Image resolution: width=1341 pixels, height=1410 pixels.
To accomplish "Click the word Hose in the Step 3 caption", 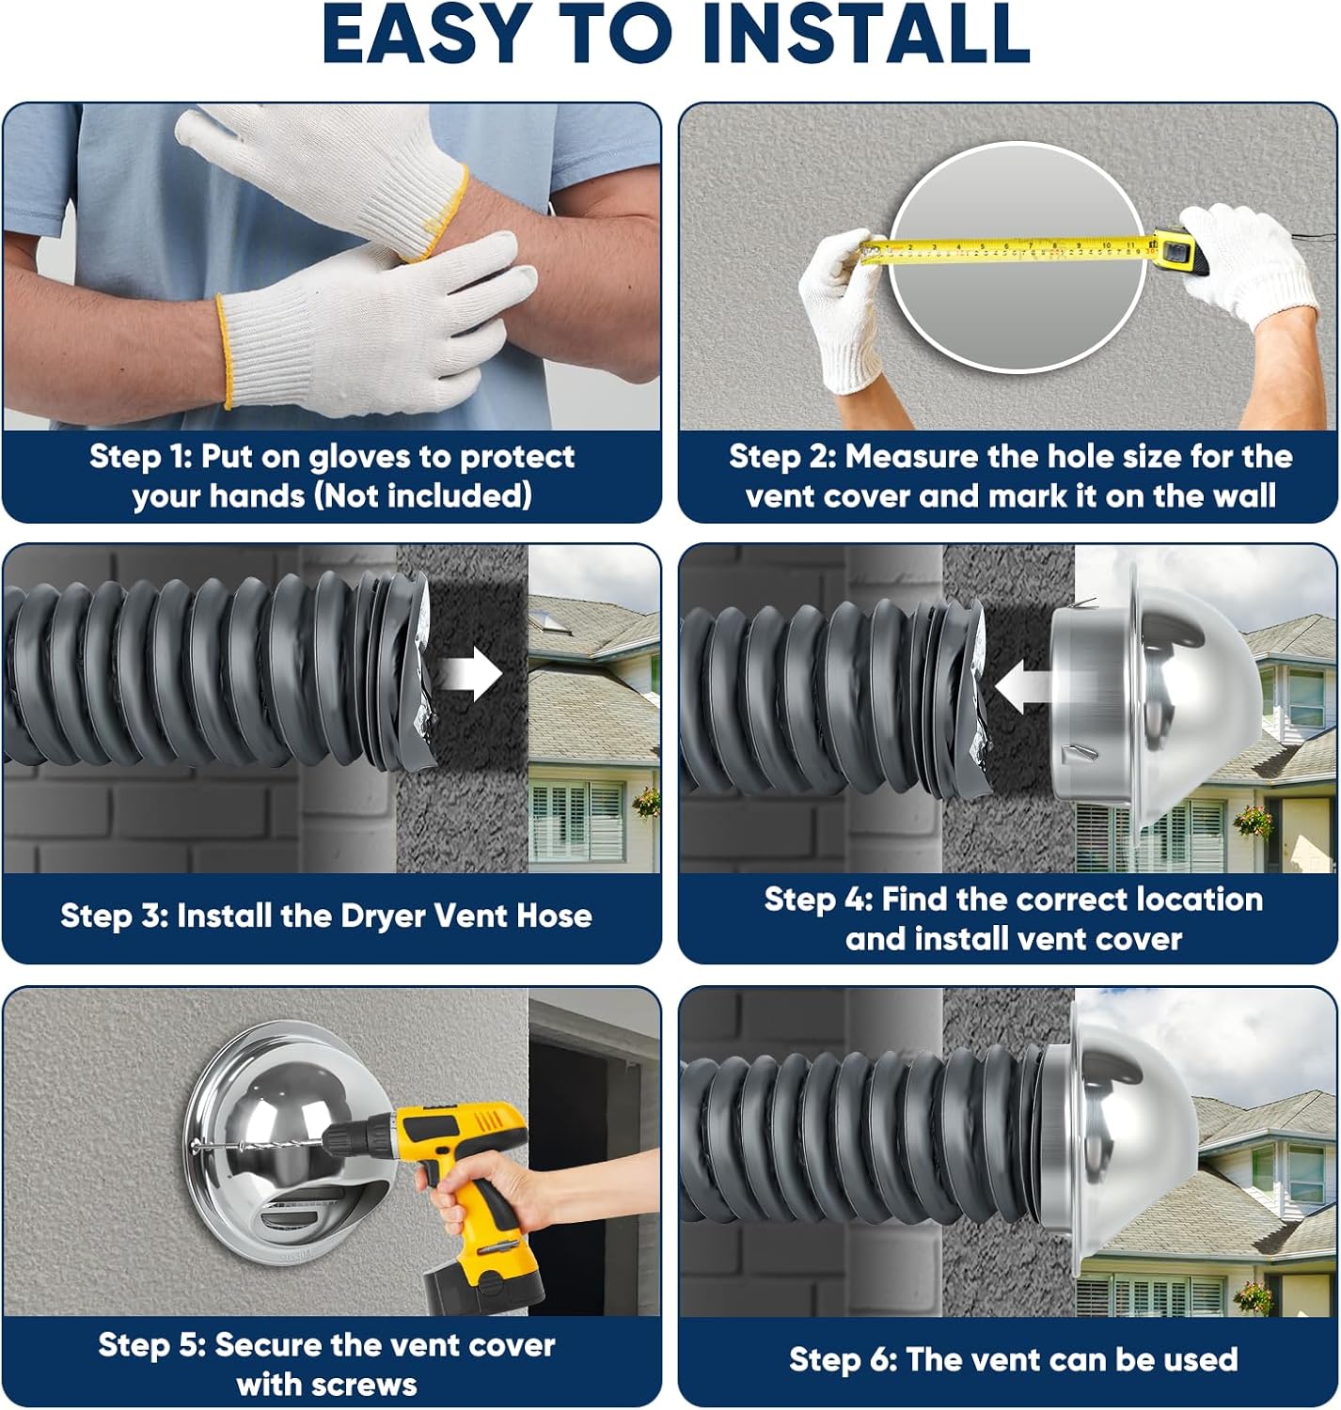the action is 554,916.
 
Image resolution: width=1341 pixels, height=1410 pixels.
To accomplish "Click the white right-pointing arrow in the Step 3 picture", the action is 471,675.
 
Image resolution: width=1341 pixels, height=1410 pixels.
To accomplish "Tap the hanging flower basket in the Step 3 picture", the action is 646,801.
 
